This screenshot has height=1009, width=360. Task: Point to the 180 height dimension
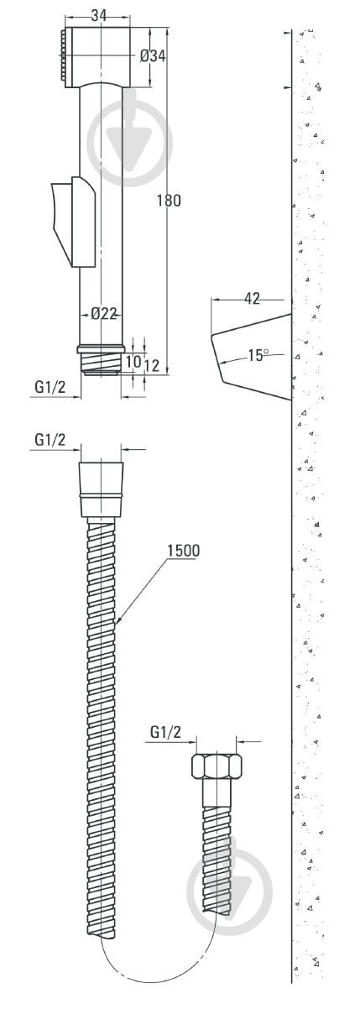[x=168, y=200]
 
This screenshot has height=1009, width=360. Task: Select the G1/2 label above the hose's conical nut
[x=50, y=440]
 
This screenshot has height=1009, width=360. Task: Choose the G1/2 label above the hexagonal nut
[x=165, y=732]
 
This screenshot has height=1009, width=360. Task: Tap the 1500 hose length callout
[x=183, y=551]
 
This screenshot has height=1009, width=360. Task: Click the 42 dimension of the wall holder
[x=251, y=297]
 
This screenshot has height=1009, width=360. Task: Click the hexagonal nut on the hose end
[x=217, y=767]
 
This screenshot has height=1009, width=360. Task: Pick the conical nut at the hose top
[x=101, y=489]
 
